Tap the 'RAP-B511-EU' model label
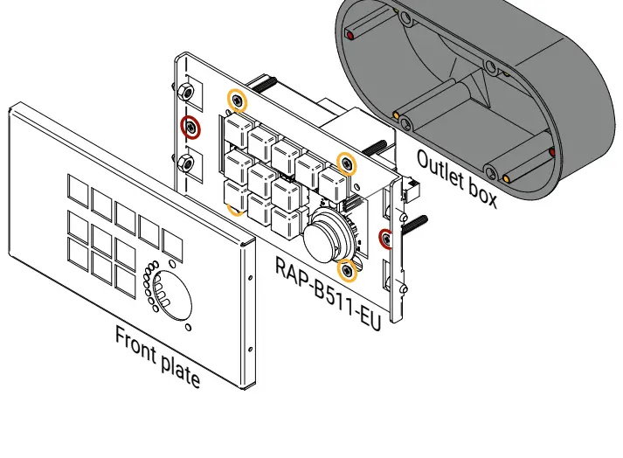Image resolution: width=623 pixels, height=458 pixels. [329, 292]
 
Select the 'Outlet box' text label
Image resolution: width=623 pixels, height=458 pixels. [456, 178]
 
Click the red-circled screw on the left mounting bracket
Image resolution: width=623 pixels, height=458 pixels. [190, 128]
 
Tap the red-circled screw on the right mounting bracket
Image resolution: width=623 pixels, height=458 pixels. [385, 237]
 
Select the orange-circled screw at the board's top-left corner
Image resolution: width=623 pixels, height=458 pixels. [237, 101]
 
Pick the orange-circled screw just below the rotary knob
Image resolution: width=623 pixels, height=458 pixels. [348, 271]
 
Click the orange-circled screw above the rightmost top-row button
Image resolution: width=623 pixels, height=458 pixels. [347, 163]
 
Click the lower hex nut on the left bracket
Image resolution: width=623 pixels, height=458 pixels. [185, 163]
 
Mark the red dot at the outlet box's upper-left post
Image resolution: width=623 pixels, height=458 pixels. [350, 36]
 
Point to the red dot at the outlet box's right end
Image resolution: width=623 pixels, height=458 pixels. [551, 152]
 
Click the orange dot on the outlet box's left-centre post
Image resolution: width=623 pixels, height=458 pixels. [396, 115]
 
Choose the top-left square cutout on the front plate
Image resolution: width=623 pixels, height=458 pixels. [79, 188]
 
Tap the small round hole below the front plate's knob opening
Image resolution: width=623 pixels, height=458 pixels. [188, 328]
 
